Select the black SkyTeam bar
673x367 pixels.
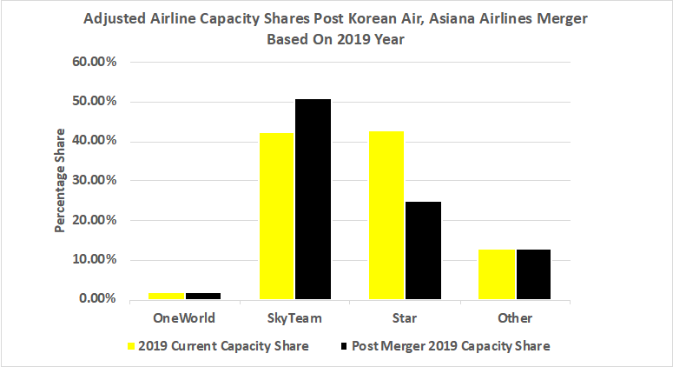(x=313, y=199)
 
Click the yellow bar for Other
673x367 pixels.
(x=497, y=274)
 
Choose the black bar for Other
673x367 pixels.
(x=533, y=274)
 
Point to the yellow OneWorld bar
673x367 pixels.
(x=166, y=296)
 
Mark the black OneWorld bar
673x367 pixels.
(x=202, y=296)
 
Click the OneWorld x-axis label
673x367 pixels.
(x=184, y=317)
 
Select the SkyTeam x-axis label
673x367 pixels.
(x=294, y=317)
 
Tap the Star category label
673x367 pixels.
(x=405, y=317)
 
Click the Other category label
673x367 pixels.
(x=515, y=317)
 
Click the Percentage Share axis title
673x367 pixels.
(x=61, y=181)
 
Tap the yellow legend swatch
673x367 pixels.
(x=132, y=345)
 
